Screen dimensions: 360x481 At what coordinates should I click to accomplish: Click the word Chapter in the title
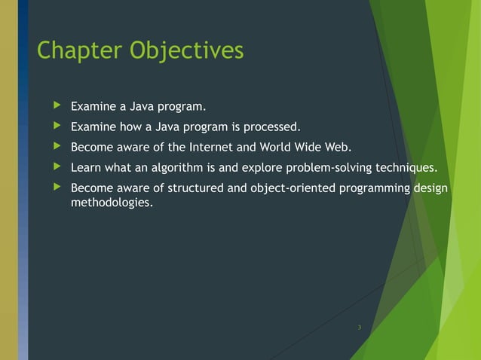tap(80, 50)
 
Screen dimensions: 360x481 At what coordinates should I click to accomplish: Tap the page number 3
tap(360, 326)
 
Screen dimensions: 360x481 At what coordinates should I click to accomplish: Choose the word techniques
tap(403, 167)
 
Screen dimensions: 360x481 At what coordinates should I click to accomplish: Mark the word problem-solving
tap(326, 167)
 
